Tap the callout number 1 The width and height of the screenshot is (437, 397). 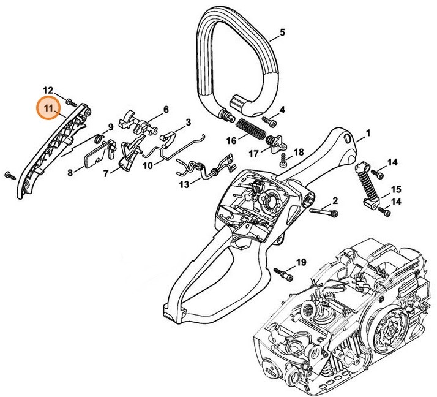368,133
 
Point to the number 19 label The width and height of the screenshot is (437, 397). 301,262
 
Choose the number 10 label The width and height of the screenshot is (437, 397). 148,165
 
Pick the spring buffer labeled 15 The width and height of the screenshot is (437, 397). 367,184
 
